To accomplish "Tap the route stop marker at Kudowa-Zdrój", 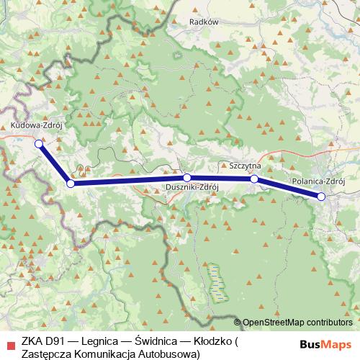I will click(39, 143).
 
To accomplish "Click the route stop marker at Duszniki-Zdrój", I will click(186, 177).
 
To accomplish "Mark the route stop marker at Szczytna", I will click(254, 179).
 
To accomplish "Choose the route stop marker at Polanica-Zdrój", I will click(321, 197).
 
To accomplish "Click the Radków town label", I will click(202, 22).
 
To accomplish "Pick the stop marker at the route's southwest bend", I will click(70, 184).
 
